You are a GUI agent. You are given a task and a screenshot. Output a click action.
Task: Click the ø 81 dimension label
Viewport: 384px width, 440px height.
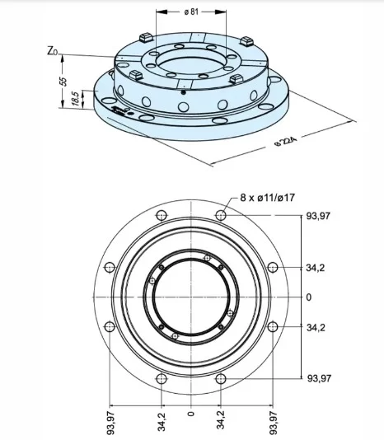pos(191,12)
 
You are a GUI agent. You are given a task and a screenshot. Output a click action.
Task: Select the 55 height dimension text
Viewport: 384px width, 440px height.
pos(60,82)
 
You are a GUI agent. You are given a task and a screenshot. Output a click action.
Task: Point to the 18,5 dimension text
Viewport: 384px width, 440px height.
pos(75,98)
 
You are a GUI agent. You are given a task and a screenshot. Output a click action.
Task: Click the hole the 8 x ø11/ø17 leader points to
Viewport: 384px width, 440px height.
pos(221,215)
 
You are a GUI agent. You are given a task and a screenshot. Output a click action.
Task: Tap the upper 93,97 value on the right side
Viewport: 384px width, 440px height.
pos(318,216)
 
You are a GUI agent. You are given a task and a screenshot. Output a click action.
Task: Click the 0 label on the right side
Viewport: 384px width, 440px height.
pos(309,297)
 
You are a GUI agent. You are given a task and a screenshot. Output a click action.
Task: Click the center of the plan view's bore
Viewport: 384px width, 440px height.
pos(191,297)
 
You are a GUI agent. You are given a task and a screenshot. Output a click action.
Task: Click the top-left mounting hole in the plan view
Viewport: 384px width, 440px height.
pos(162,215)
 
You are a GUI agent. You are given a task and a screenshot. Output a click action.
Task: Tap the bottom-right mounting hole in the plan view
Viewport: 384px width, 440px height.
pos(221,378)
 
